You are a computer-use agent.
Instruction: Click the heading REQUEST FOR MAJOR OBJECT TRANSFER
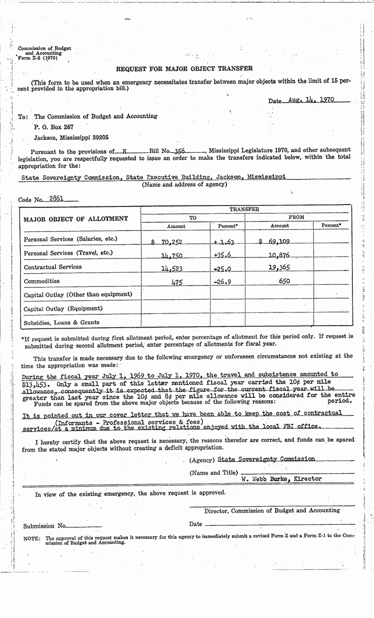point(184,69)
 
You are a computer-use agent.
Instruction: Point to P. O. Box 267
point(53,128)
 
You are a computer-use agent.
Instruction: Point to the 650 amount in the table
point(284,282)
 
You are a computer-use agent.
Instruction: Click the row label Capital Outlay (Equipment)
point(63,309)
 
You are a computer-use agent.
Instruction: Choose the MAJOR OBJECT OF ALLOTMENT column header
point(75,219)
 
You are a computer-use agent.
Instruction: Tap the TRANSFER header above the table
point(245,209)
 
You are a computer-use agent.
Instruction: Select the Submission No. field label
point(45,526)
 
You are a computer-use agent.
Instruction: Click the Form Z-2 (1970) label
point(37,58)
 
